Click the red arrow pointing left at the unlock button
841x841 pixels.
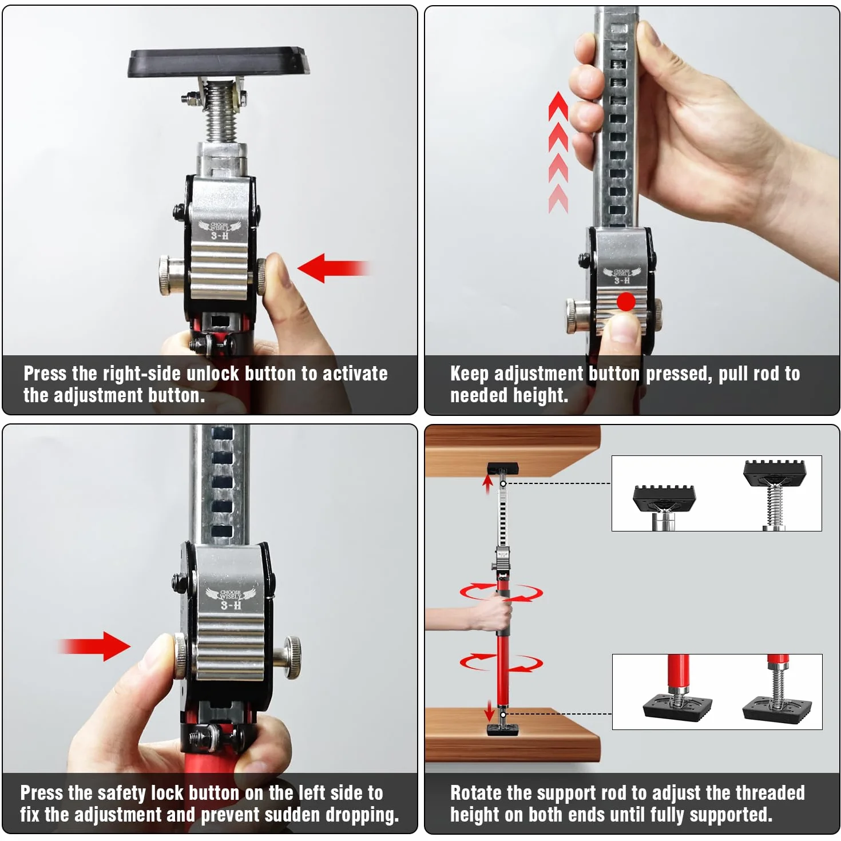[x=334, y=268]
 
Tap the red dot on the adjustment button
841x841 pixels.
[x=626, y=302]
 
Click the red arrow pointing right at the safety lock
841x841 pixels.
[x=94, y=646]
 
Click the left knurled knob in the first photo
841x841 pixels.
[x=170, y=276]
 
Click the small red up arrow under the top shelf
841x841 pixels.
[x=488, y=485]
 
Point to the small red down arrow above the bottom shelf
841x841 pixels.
[x=490, y=711]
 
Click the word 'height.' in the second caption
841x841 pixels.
[x=541, y=395]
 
